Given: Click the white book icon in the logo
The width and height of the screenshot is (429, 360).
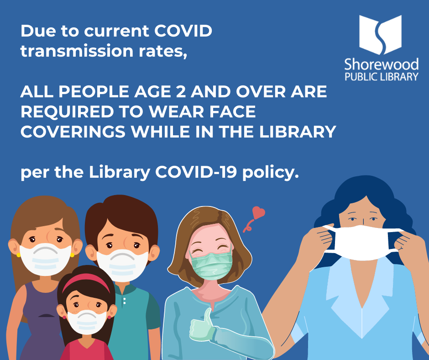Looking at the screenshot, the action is pos(380,35).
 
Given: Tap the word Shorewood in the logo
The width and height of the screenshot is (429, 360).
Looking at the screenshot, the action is pos(382,64).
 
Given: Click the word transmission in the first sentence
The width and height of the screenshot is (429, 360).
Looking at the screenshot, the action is pos(77,51).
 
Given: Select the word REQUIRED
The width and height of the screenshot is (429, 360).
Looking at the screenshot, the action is pos(67,112).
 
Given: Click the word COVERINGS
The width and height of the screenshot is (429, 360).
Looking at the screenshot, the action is pos(73,132).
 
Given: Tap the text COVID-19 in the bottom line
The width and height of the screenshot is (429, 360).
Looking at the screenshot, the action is pos(196,172).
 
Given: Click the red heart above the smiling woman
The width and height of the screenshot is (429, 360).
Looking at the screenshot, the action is pos(258,213).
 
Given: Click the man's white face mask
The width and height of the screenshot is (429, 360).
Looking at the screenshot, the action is pos(122,265).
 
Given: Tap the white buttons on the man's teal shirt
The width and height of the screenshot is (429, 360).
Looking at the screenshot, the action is pos(125,300).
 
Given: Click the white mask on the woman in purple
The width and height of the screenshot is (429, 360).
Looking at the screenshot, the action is pos(46,259).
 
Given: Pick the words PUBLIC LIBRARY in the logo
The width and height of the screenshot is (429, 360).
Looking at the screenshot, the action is pos(382,77).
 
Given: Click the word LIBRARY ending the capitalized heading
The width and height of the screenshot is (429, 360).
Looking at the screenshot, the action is pos(298,132).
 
